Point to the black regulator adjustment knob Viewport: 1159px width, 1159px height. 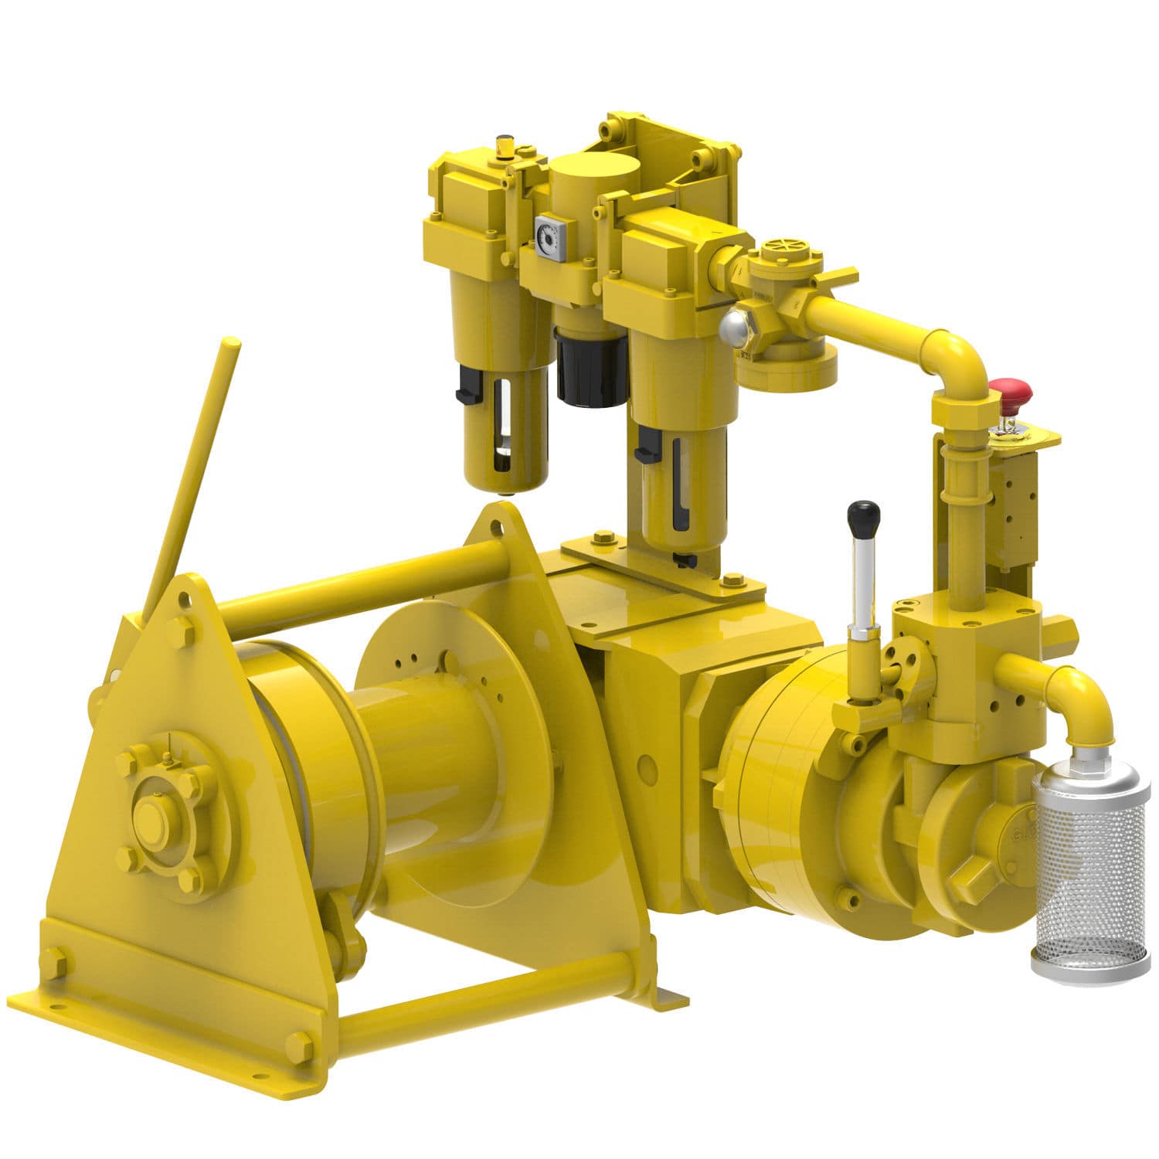point(591,369)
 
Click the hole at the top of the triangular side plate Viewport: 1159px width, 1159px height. point(495,528)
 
